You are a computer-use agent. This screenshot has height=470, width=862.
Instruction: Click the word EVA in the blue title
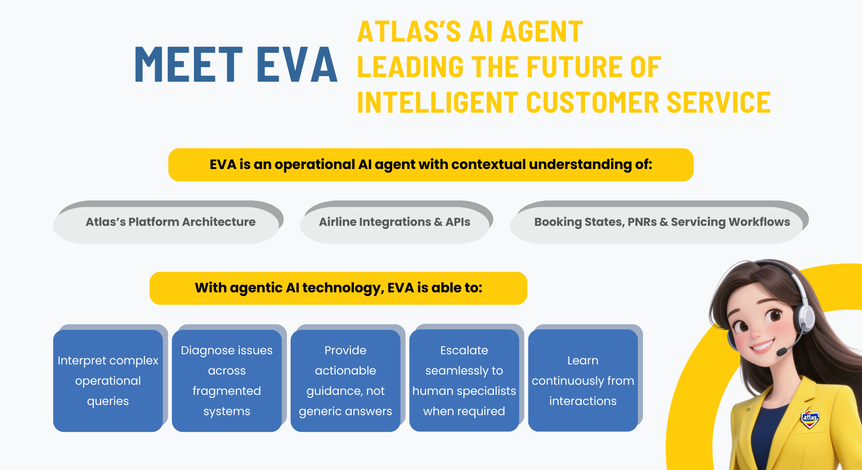point(297,64)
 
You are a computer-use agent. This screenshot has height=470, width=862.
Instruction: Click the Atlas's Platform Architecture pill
point(170,222)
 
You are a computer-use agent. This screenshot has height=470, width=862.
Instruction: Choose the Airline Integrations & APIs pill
point(394,222)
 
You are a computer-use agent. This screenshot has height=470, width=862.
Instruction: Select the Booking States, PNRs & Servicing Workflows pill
point(662,222)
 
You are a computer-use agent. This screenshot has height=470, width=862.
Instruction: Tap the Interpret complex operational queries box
point(108,381)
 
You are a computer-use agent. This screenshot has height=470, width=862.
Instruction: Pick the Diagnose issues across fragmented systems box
point(227,381)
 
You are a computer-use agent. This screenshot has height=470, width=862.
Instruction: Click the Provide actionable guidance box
point(345,381)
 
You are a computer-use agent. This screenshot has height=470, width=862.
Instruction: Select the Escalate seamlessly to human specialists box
point(464,381)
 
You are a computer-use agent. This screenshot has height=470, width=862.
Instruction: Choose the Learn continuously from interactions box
point(583,381)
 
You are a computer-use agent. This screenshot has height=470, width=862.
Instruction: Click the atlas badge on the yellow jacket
point(810,418)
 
